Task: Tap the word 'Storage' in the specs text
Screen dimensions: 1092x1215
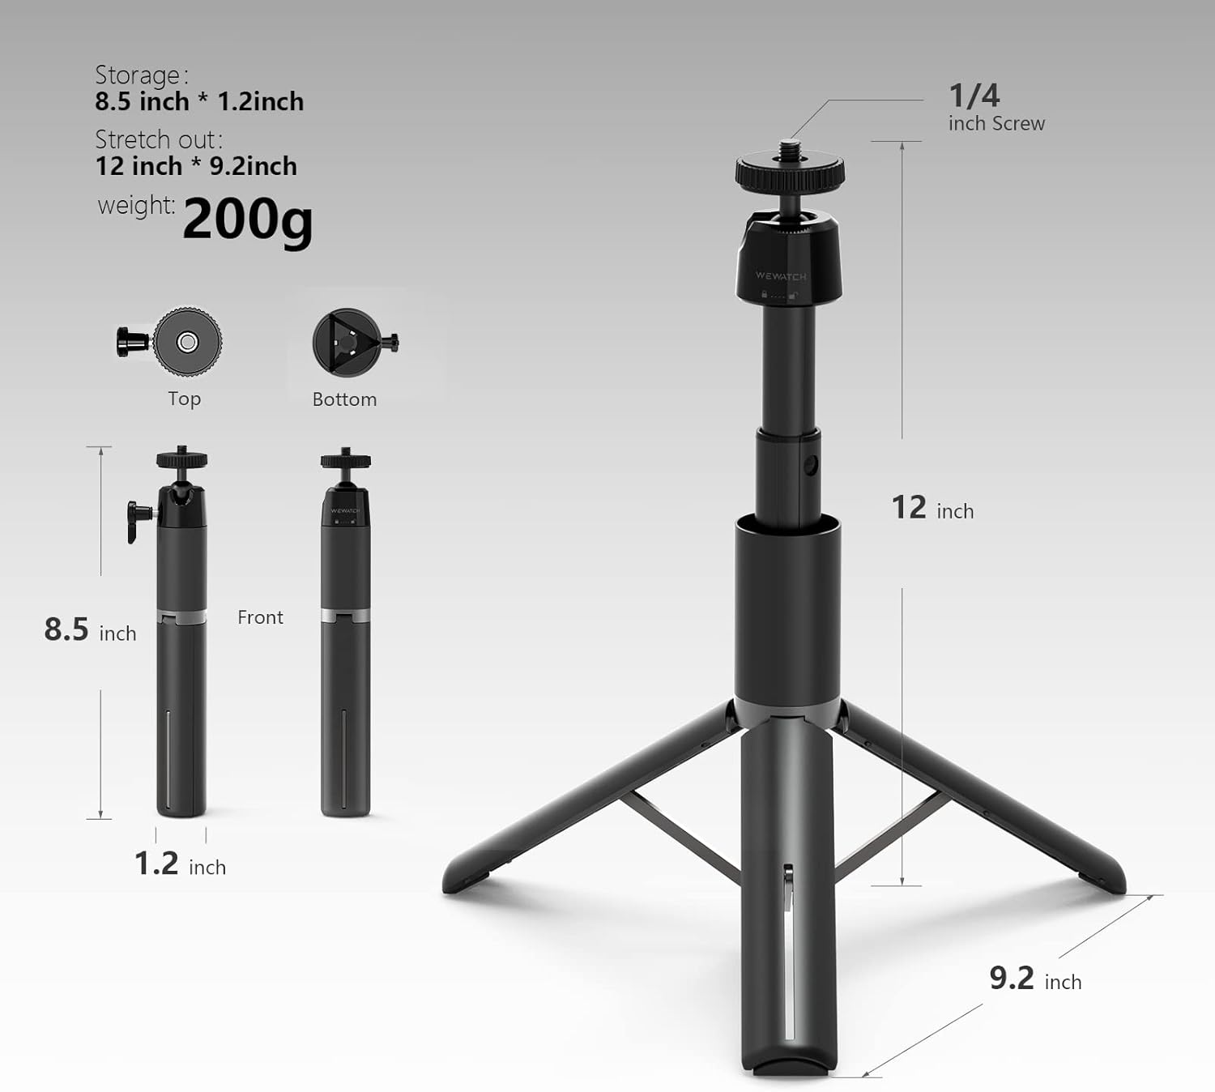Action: click(x=137, y=75)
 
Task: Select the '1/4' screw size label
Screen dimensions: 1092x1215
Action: click(x=974, y=96)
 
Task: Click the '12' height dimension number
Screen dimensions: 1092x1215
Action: click(x=908, y=508)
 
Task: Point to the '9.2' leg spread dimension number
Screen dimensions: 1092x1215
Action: click(x=1011, y=978)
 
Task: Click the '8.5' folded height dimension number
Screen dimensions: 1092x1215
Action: click(x=66, y=629)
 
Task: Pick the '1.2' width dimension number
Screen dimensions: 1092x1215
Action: click(x=156, y=864)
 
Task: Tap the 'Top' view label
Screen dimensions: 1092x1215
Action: click(x=184, y=399)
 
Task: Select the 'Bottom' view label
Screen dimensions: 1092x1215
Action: click(x=344, y=399)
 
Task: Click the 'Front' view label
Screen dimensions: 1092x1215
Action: click(x=260, y=617)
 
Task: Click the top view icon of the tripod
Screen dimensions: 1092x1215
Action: click(x=186, y=342)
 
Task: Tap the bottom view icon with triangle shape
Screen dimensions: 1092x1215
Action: click(x=347, y=342)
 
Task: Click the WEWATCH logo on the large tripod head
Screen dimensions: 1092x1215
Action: click(x=781, y=276)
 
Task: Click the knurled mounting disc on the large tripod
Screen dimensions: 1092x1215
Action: click(x=790, y=173)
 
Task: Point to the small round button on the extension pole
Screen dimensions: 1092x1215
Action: click(x=812, y=466)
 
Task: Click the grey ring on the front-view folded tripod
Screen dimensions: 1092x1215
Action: click(x=345, y=616)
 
